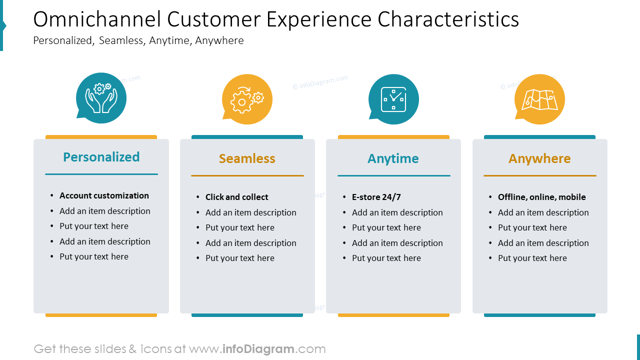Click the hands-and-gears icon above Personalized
pyautogui.click(x=101, y=98)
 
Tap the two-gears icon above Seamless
pyautogui.click(x=247, y=99)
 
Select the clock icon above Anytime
pyautogui.click(x=393, y=99)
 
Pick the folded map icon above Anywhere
pyautogui.click(x=539, y=99)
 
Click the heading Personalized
pyautogui.click(x=101, y=157)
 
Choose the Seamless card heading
pyautogui.click(x=247, y=158)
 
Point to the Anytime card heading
pyautogui.click(x=393, y=158)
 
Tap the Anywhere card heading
pyautogui.click(x=539, y=158)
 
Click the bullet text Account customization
pyautogui.click(x=104, y=195)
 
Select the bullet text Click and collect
pyautogui.click(x=236, y=197)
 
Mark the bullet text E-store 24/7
pyautogui.click(x=376, y=197)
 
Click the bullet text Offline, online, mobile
pyautogui.click(x=541, y=197)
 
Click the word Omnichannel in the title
pyautogui.click(x=97, y=19)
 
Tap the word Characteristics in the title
pyautogui.click(x=448, y=19)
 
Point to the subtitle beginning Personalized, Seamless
pyautogui.click(x=138, y=40)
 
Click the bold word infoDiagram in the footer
pyautogui.click(x=257, y=349)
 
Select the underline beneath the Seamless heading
pyautogui.click(x=247, y=176)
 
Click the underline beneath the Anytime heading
pyautogui.click(x=393, y=176)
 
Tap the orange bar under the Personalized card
pyautogui.click(x=101, y=315)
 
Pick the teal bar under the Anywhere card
pyautogui.click(x=539, y=315)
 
